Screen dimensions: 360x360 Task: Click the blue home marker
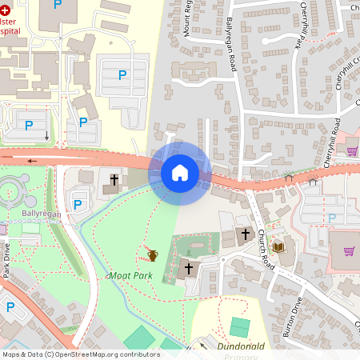coord(179,172)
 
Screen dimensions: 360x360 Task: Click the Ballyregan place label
coord(42,214)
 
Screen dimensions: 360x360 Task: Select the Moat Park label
coord(130,274)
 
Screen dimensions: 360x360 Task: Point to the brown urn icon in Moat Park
coord(152,255)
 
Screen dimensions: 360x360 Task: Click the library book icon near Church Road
coord(278,246)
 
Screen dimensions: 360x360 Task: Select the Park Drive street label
coord(6,260)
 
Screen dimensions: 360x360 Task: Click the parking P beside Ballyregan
coord(78,205)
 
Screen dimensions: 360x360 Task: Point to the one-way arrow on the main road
coord(33,160)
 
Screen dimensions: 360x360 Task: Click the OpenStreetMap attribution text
coord(81,354)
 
